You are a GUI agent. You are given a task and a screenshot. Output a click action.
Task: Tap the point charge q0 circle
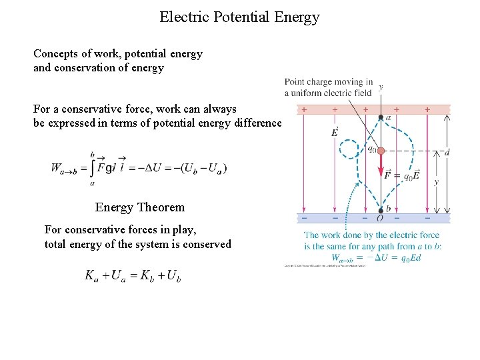[381, 151]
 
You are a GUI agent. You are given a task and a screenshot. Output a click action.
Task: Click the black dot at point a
[381, 117]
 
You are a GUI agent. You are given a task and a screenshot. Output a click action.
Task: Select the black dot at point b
[380, 210]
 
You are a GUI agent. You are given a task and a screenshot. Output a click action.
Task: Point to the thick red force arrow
[381, 170]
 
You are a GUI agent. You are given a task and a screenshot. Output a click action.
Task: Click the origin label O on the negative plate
[380, 219]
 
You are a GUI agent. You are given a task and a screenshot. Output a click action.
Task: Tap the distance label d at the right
[446, 152]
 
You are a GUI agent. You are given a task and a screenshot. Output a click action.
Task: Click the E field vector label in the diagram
[335, 132]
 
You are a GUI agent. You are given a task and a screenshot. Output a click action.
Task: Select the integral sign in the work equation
[93, 168]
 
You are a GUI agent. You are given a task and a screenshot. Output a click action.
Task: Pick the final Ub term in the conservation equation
[173, 275]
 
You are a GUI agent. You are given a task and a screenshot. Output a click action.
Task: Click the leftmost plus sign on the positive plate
[305, 109]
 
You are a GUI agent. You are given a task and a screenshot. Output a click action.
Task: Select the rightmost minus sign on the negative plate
[427, 217]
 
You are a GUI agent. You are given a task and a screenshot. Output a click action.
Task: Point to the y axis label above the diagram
[381, 87]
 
